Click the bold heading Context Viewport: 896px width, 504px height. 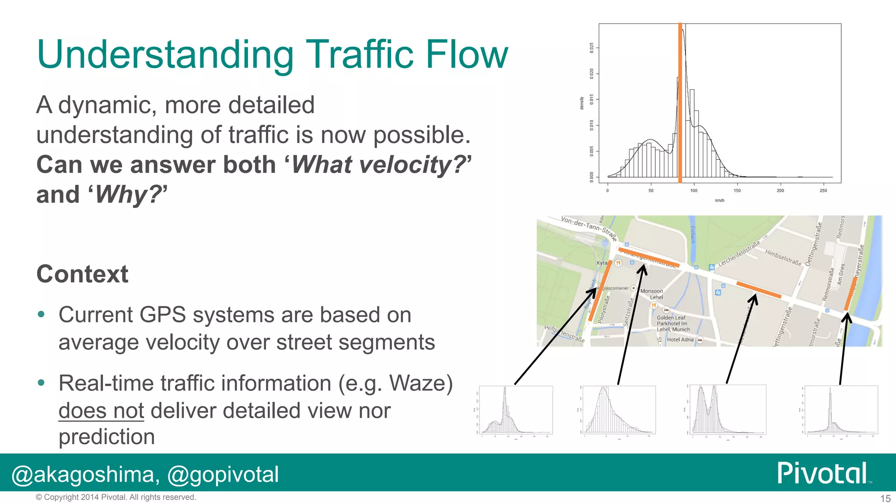(x=82, y=274)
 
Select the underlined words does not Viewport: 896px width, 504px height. (x=101, y=411)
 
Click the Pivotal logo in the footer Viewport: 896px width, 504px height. (x=822, y=473)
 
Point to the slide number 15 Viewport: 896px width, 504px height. (x=885, y=498)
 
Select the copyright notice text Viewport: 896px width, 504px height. (x=116, y=497)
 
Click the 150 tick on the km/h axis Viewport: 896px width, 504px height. (x=737, y=191)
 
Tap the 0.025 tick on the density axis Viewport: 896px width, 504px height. (x=592, y=48)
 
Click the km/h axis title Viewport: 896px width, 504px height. (x=719, y=200)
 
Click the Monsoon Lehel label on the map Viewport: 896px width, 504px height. (x=652, y=294)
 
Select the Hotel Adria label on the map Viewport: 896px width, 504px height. (x=680, y=339)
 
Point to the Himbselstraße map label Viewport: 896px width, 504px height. (x=783, y=258)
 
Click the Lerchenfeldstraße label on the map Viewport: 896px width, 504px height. (x=739, y=253)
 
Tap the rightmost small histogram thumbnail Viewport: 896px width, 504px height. (x=841, y=410)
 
